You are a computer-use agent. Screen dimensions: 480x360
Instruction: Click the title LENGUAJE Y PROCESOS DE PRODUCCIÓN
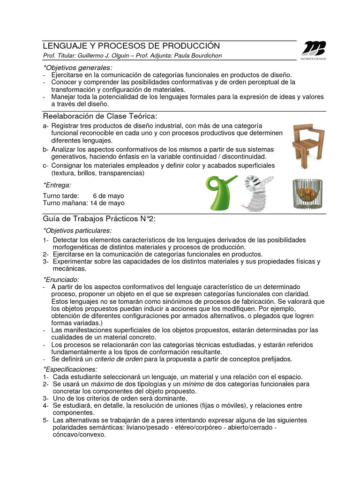[x=131, y=46]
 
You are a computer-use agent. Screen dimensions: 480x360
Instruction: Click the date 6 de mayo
[x=108, y=195]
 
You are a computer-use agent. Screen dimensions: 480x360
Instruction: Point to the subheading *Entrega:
[x=57, y=185]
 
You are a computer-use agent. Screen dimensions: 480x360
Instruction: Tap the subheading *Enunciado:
[x=61, y=279]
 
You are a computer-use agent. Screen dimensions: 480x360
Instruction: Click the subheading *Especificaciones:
[x=70, y=369]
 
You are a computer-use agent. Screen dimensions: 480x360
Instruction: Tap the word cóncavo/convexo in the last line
[x=79, y=435]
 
